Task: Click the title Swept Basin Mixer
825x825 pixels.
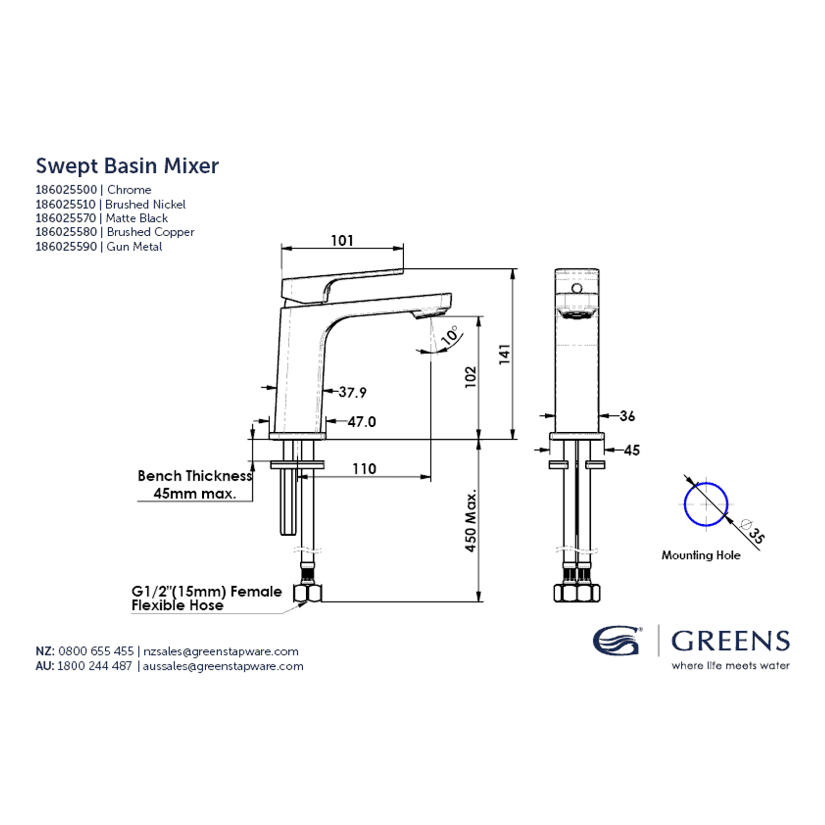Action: [x=127, y=166]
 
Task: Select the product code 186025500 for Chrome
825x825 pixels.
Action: [x=66, y=190]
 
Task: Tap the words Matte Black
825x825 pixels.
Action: [x=137, y=218]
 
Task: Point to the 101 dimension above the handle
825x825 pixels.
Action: [x=342, y=240]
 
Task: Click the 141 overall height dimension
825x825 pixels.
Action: [x=504, y=354]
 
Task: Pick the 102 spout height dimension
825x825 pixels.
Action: [x=471, y=377]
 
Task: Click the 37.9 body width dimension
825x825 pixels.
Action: [x=352, y=392]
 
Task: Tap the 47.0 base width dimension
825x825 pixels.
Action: [x=362, y=422]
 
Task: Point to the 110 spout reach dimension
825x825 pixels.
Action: [x=364, y=469]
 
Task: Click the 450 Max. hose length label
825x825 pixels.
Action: [x=471, y=520]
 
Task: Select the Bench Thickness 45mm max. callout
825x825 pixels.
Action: [x=195, y=484]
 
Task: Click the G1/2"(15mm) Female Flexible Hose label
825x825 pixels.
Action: [x=207, y=598]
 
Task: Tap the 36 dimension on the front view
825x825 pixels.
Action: [x=627, y=416]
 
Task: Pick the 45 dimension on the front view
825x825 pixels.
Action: [x=632, y=450]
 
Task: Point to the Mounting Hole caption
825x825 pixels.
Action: [x=701, y=555]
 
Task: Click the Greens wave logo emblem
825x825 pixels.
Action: [x=616, y=640]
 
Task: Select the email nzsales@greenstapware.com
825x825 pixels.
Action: [x=221, y=651]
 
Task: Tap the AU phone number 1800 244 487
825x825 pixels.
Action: [x=95, y=666]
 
